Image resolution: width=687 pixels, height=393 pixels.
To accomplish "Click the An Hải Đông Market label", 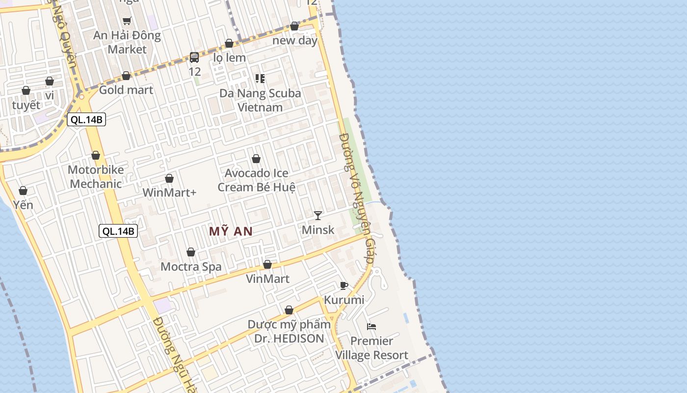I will point(127,42).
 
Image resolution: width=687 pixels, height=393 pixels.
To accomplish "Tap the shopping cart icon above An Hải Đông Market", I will point(127,21).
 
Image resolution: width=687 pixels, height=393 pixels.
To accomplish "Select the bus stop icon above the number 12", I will point(194,57).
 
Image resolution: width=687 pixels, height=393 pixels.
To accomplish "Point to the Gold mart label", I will point(126,90).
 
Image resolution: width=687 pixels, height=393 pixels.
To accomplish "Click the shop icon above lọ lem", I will point(229,44).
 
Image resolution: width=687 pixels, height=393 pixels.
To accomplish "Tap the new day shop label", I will point(295,40).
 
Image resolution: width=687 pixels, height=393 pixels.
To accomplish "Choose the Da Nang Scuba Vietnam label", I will point(260,100).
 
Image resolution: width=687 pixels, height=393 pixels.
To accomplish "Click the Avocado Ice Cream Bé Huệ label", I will point(256,180).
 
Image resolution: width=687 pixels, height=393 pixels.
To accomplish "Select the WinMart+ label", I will point(169,193).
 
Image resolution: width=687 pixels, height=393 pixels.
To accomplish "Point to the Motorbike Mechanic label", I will point(96,177).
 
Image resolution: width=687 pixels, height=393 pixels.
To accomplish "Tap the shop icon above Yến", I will point(23,191).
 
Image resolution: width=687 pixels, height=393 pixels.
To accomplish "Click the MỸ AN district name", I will point(231,231).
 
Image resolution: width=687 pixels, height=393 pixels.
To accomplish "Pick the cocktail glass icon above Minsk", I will point(318,215).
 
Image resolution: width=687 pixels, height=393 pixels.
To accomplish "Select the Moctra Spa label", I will point(191,267).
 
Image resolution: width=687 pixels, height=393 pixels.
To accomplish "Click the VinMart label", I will point(267,279).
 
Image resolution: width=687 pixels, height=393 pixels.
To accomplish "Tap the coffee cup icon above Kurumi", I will point(344,286).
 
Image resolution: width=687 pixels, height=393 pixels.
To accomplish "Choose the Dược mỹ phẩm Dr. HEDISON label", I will point(289,332).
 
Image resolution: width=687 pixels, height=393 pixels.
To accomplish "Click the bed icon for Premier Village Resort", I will point(371,326).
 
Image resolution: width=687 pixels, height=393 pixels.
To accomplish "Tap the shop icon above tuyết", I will point(26,91).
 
